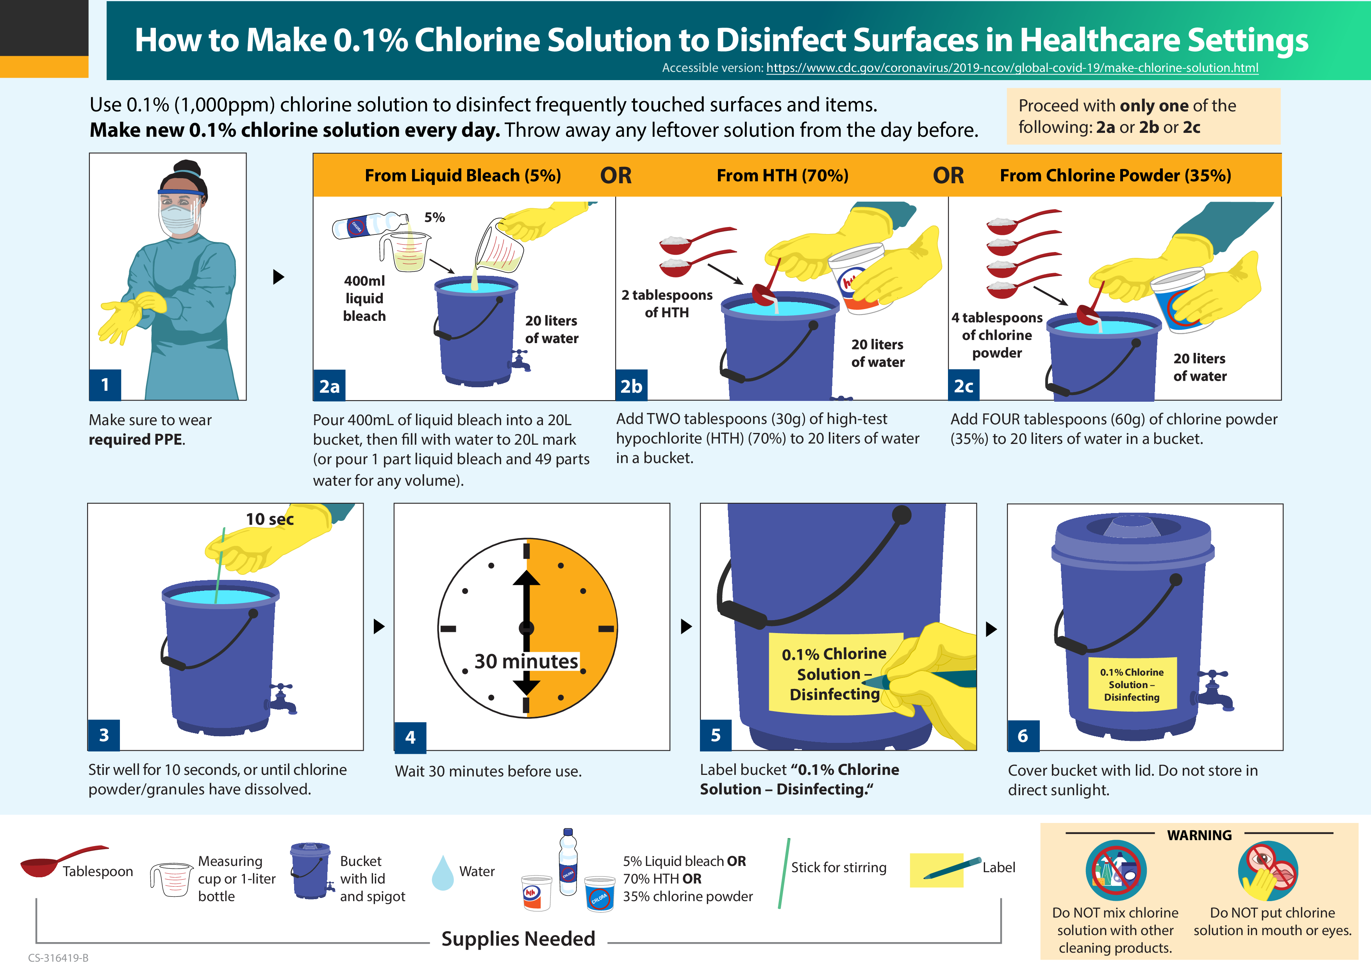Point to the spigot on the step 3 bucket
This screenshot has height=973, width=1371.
pos(282,698)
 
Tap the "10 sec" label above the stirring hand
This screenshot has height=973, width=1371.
pos(270,519)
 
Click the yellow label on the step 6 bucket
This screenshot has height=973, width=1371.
pos(1132,684)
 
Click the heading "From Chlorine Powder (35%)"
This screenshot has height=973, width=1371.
pos(1115,175)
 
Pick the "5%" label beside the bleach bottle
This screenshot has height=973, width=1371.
pos(434,218)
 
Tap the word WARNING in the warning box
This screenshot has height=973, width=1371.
pos(1199,835)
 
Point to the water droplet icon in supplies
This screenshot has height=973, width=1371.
pos(443,873)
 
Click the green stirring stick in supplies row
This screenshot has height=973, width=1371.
pos(784,873)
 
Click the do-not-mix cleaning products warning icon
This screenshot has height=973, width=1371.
pos(1116,871)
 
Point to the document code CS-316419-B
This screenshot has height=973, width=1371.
pos(58,957)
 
